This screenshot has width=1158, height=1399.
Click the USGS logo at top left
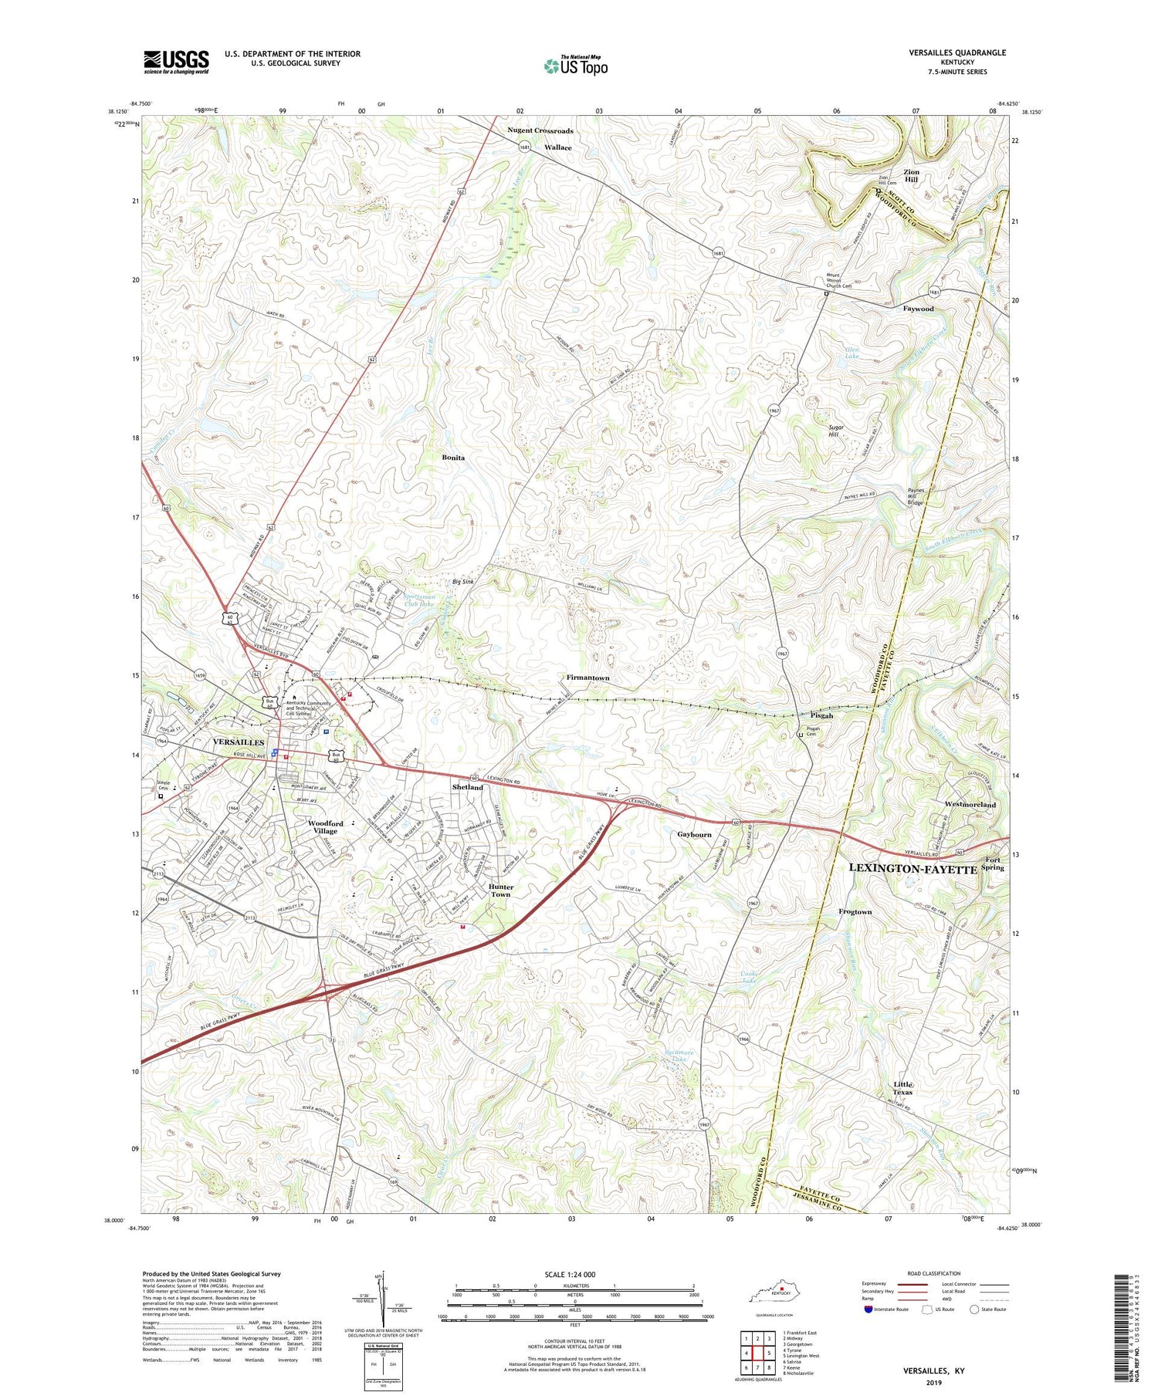(176, 62)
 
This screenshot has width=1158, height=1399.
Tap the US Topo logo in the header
(575, 66)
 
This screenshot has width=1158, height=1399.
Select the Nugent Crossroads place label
(540, 131)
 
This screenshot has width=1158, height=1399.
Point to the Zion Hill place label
(911, 175)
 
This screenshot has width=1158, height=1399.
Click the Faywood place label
(918, 309)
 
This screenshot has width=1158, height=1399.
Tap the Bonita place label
(453, 458)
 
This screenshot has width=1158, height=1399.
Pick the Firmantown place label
(588, 678)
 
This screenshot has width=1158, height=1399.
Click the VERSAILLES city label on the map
(239, 742)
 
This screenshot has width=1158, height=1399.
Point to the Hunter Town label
(500, 890)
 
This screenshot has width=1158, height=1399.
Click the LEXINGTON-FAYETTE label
(913, 868)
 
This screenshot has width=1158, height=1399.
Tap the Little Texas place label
(902, 1088)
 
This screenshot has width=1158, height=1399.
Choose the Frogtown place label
(855, 912)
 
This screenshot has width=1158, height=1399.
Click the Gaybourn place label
(694, 835)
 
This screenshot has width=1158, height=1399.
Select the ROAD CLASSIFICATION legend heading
(934, 1273)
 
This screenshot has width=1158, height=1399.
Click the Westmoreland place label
(970, 805)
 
